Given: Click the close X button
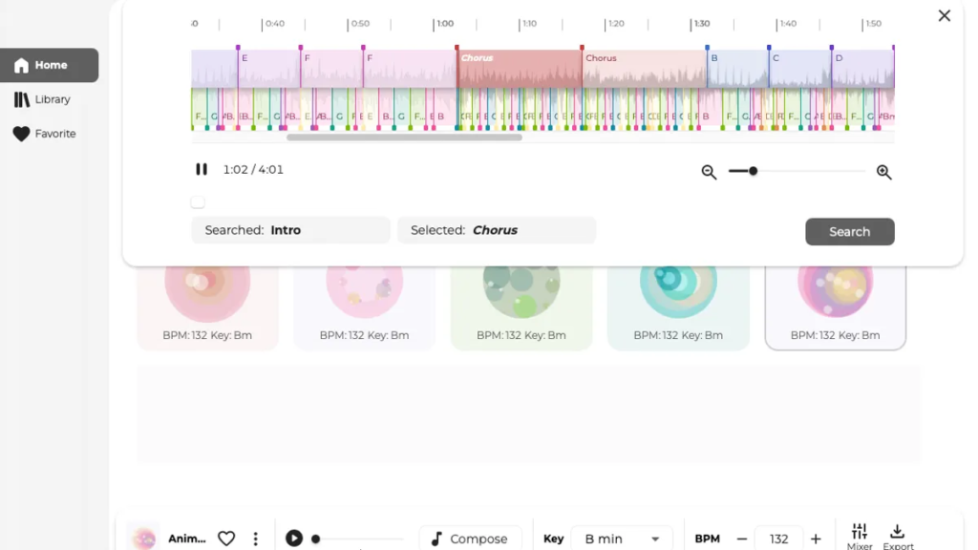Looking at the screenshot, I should pyautogui.click(x=944, y=15).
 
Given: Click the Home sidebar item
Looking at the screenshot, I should pyautogui.click(x=50, y=65).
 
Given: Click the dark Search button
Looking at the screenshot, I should pyautogui.click(x=849, y=231).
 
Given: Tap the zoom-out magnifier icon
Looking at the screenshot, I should pyautogui.click(x=709, y=172).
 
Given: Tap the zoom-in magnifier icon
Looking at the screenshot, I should pyautogui.click(x=883, y=172).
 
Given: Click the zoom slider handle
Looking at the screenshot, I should pyautogui.click(x=754, y=171).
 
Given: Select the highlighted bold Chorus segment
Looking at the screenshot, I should pyautogui.click(x=519, y=69).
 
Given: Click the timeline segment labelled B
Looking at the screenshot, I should pyautogui.click(x=736, y=69).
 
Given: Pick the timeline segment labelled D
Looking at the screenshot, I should pyautogui.click(x=861, y=69).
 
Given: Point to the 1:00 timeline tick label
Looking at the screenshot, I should pyautogui.click(x=444, y=24).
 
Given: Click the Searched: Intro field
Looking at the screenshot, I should pyautogui.click(x=290, y=230).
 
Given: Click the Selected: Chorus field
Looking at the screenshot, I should pyautogui.click(x=496, y=230).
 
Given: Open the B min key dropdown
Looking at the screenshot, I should pyautogui.click(x=622, y=539).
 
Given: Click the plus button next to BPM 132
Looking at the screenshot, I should pyautogui.click(x=816, y=539).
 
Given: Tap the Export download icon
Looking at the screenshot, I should pyautogui.click(x=897, y=532).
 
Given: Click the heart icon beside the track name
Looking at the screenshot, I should pyautogui.click(x=226, y=539).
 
